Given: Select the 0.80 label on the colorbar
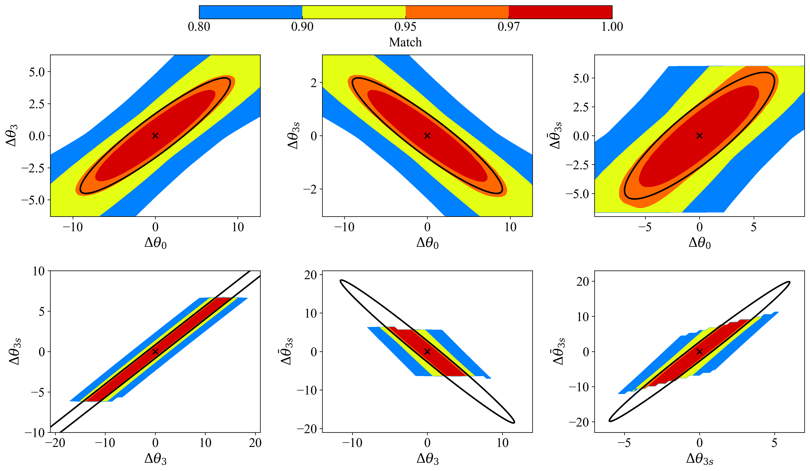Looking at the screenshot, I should click(199, 26).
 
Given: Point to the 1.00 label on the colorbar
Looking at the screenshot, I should click(612, 26).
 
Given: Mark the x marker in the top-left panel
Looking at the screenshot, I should click(155, 136).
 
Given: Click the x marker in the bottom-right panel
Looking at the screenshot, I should click(700, 352).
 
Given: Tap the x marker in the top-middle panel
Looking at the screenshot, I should click(427, 136).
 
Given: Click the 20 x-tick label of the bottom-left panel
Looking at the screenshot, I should click(255, 443).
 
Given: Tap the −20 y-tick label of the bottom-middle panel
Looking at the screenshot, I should click(307, 429).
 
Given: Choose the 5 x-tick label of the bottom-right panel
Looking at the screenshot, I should click(774, 443).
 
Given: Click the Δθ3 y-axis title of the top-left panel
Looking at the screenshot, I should click(12, 136).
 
